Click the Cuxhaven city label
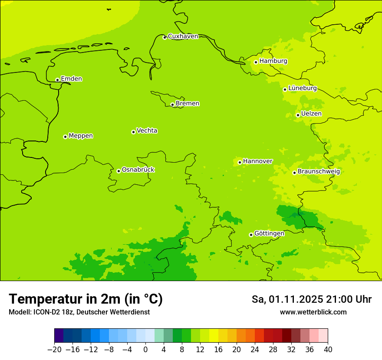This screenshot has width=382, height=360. point(183,36)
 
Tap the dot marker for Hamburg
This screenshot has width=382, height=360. point(256,62)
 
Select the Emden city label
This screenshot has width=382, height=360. point(71,79)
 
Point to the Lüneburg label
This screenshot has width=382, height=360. point(302,88)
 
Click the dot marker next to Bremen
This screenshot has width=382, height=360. point(172,105)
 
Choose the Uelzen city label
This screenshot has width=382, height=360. point(311,114)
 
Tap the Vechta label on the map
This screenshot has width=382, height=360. point(147,131)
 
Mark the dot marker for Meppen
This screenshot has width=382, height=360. point(65,137)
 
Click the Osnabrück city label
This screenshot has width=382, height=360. point(138,170)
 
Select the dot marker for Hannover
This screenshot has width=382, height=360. point(240,162)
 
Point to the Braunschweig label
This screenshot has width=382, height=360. point(319,172)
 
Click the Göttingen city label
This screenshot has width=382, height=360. point(269,233)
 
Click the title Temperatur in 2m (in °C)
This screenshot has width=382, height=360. point(86,299)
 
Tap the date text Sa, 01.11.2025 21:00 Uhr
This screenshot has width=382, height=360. point(312,299)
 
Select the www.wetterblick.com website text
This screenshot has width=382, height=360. point(313,312)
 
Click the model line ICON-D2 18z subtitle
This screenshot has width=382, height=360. point(79,312)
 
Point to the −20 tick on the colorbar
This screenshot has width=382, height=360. point(54,349)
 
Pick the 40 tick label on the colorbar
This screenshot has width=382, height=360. point(328,349)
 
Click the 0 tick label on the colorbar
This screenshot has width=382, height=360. point(145,349)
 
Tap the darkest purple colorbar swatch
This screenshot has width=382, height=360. point(59,336)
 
